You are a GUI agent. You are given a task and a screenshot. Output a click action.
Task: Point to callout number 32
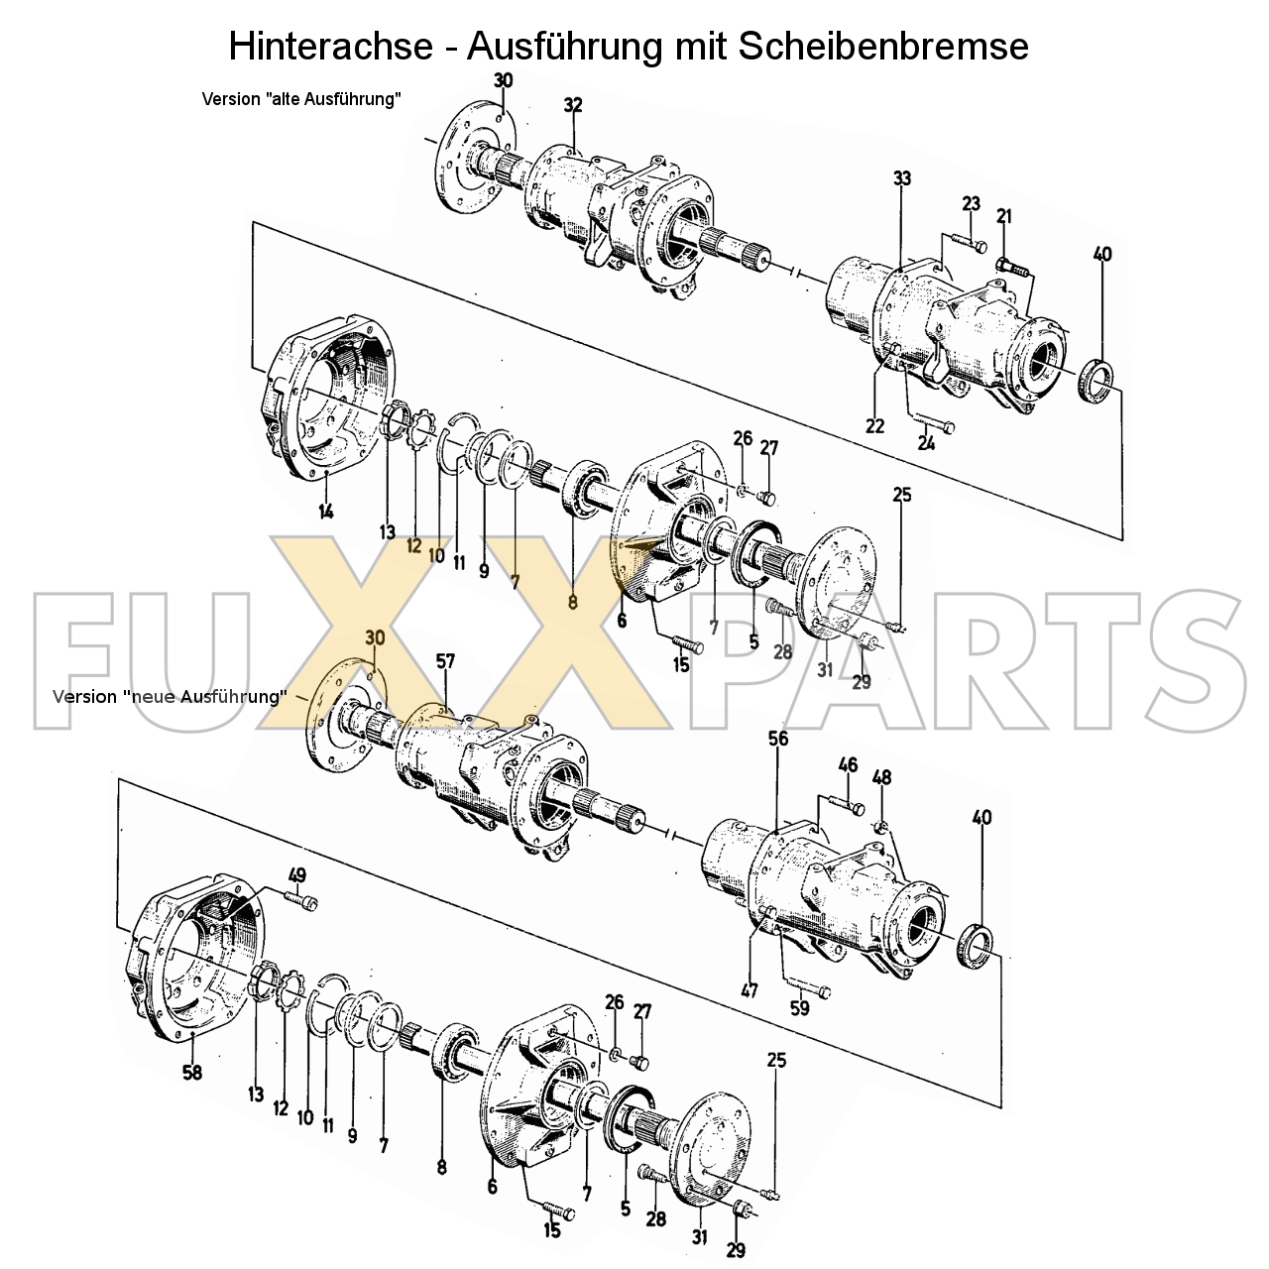573,105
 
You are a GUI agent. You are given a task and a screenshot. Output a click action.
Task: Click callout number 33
901,178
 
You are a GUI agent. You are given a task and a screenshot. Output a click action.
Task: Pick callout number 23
971,204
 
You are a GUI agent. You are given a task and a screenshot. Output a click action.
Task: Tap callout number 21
1004,216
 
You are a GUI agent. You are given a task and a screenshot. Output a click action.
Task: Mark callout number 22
874,426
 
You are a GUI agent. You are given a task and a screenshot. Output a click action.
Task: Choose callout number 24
926,443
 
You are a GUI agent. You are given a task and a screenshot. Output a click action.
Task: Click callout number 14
326,512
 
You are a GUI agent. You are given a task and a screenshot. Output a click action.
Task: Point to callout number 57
446,660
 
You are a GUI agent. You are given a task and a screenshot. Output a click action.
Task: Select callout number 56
778,739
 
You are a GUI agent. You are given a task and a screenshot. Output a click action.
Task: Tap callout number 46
848,764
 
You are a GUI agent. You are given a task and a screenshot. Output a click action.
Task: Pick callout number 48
881,777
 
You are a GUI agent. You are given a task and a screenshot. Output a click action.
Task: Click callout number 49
296,874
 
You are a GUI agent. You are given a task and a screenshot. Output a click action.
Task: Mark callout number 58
193,1072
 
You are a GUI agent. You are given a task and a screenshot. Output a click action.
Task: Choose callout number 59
799,1008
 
